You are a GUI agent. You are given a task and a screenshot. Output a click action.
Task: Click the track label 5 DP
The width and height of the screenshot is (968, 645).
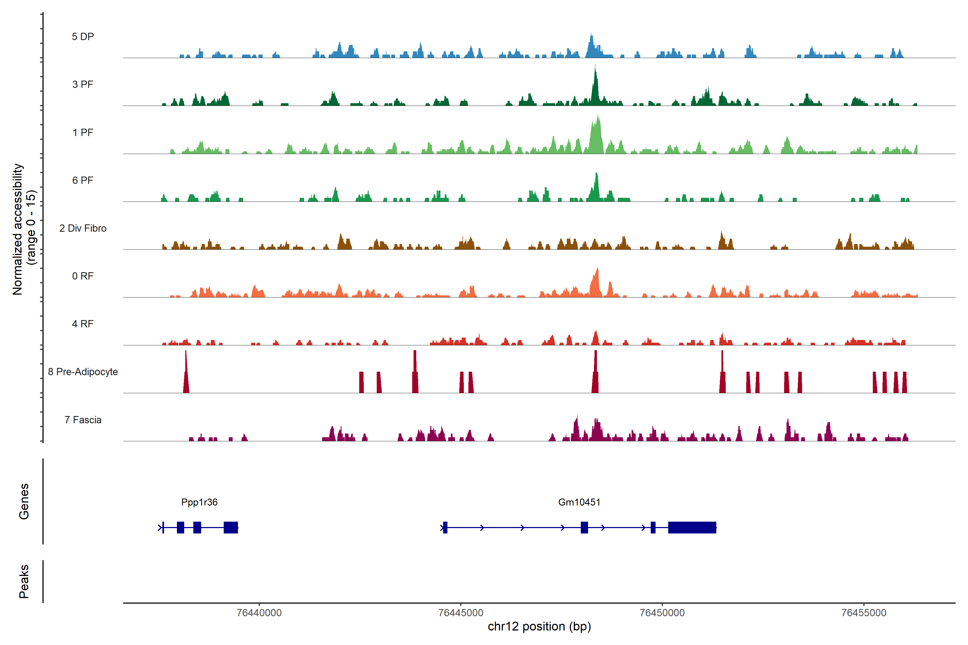click(x=83, y=37)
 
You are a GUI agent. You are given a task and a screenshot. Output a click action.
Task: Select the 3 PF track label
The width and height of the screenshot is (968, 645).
click(x=83, y=84)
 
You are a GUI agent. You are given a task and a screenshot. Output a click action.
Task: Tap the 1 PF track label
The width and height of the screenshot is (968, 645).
click(x=83, y=132)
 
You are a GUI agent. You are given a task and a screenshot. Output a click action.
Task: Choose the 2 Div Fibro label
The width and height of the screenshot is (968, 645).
click(x=83, y=228)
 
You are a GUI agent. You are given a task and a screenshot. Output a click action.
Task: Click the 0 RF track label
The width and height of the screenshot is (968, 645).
click(x=83, y=276)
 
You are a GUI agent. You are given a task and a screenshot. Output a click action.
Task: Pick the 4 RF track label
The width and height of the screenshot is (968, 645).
click(x=83, y=324)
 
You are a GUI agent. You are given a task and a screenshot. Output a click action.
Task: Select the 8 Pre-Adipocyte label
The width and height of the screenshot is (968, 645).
click(x=83, y=372)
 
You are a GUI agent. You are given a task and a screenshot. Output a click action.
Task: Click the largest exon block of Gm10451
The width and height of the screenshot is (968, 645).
click(x=692, y=527)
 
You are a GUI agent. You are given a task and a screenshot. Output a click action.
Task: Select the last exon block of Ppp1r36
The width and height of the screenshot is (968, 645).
click(x=230, y=527)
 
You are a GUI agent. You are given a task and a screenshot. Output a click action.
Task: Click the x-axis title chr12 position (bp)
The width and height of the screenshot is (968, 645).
click(x=539, y=626)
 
